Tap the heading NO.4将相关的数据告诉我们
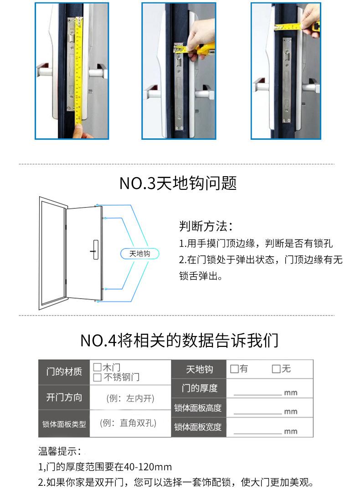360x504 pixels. (x=179, y=340)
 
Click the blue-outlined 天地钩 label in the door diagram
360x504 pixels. (x=139, y=254)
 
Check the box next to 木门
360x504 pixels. (x=97, y=367)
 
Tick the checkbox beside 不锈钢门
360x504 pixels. (x=97, y=377)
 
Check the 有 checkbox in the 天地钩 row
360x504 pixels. (x=234, y=369)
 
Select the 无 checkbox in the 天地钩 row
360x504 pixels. (x=276, y=369)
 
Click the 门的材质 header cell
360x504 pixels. (x=64, y=372)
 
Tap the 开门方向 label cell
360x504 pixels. (x=64, y=397)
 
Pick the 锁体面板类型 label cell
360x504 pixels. (x=64, y=424)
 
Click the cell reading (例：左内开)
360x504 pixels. (x=130, y=398)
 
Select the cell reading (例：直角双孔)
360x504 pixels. (x=130, y=423)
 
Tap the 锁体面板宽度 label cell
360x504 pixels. (x=198, y=427)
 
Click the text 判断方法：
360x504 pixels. (x=206, y=226)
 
